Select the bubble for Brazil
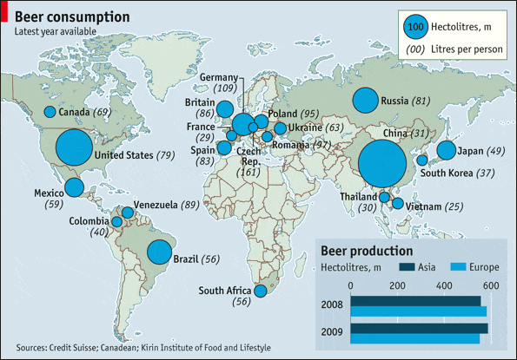click(x=159, y=252)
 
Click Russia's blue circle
click(x=366, y=101)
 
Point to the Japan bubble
click(x=446, y=150)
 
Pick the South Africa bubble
click(x=259, y=291)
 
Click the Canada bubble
click(x=50, y=112)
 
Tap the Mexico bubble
click(x=75, y=187)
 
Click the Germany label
click(x=218, y=77)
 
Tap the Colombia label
click(x=90, y=221)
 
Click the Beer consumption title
click(x=72, y=17)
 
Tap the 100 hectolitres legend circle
click(x=416, y=27)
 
